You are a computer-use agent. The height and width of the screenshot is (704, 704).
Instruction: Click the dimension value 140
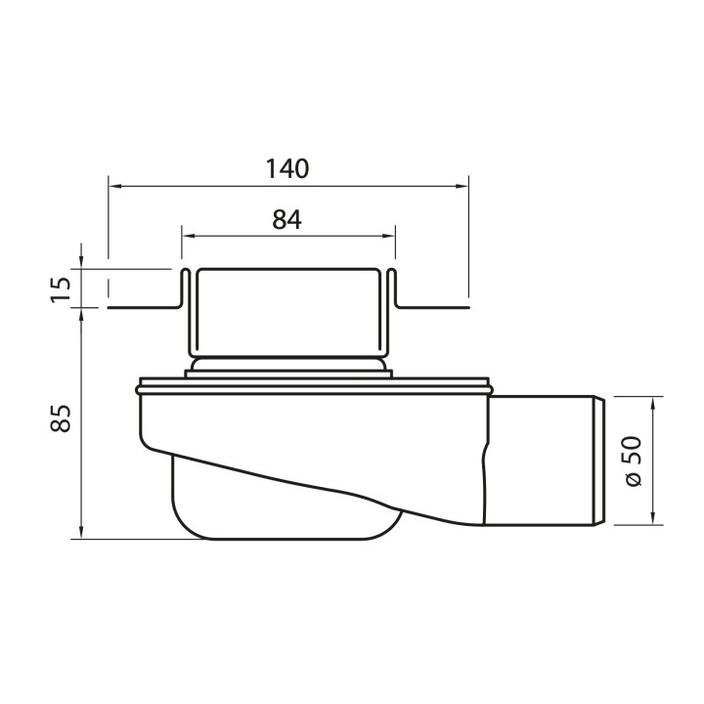coord(286,168)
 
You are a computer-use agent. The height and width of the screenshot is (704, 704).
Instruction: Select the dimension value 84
coord(286,220)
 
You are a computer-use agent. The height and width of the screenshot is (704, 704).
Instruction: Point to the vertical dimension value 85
coord(61,420)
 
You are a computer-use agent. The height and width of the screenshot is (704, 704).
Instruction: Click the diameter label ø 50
coord(633,461)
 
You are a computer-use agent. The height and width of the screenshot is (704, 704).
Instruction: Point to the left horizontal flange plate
coord(143,306)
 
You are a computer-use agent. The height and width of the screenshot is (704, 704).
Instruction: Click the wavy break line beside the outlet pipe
coord(486,460)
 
